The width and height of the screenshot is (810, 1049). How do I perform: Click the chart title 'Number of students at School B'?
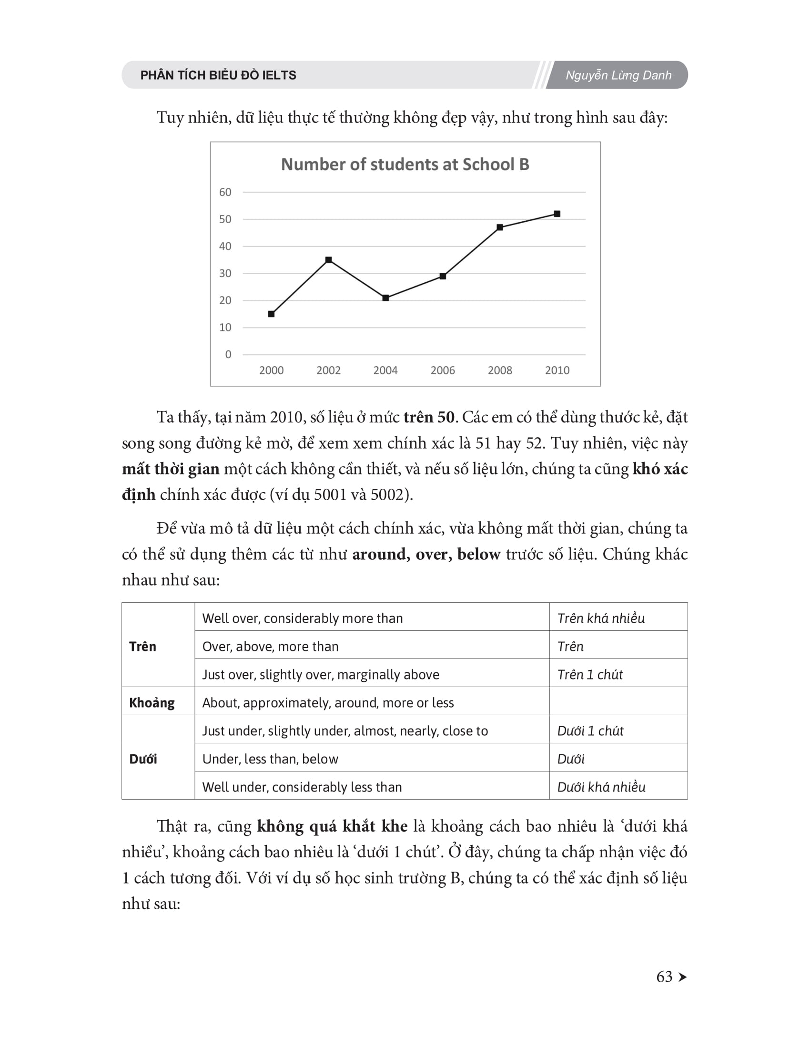[405, 165]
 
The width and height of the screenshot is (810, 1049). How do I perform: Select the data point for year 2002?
[329, 260]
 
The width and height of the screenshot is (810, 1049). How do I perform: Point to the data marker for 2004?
[386, 298]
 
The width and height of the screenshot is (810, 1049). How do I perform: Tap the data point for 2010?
[557, 214]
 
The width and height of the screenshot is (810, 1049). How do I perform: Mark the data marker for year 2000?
[271, 314]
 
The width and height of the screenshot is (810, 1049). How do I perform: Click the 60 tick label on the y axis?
[225, 192]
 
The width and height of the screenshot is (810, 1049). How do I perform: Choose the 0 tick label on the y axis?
[228, 354]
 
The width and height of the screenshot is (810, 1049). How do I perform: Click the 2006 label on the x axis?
[443, 370]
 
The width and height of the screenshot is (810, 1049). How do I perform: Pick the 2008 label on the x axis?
[500, 370]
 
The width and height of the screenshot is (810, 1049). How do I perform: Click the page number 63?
[665, 977]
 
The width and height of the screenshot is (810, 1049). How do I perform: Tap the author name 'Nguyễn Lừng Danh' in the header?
[618, 75]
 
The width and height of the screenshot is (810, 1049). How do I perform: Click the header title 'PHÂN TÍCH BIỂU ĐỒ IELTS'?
[218, 75]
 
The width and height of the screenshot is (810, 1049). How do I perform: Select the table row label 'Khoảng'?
[152, 703]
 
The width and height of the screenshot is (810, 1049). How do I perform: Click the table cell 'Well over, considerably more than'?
[302, 618]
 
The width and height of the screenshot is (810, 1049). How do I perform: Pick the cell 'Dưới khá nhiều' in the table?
[601, 787]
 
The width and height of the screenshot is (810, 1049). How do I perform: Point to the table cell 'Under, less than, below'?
[270, 759]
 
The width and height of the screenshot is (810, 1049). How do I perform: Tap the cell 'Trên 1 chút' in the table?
[590, 674]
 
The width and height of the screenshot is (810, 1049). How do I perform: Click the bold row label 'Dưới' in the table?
[143, 759]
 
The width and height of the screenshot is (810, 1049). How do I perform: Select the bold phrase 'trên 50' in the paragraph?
[428, 417]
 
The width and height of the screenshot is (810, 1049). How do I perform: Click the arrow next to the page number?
[683, 977]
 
